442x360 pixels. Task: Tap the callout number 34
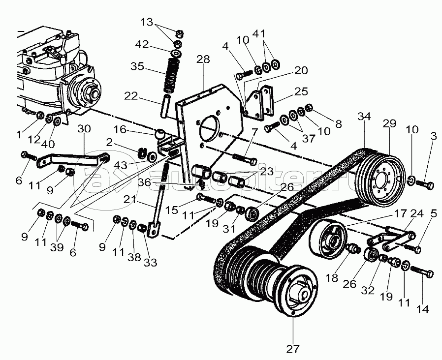(364, 117)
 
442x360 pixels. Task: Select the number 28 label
(203, 60)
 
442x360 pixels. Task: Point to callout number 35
(138, 66)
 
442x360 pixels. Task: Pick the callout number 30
(84, 129)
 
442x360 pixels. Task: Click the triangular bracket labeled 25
(260, 104)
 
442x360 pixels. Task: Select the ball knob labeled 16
(160, 134)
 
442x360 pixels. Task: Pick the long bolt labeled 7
(241, 159)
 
